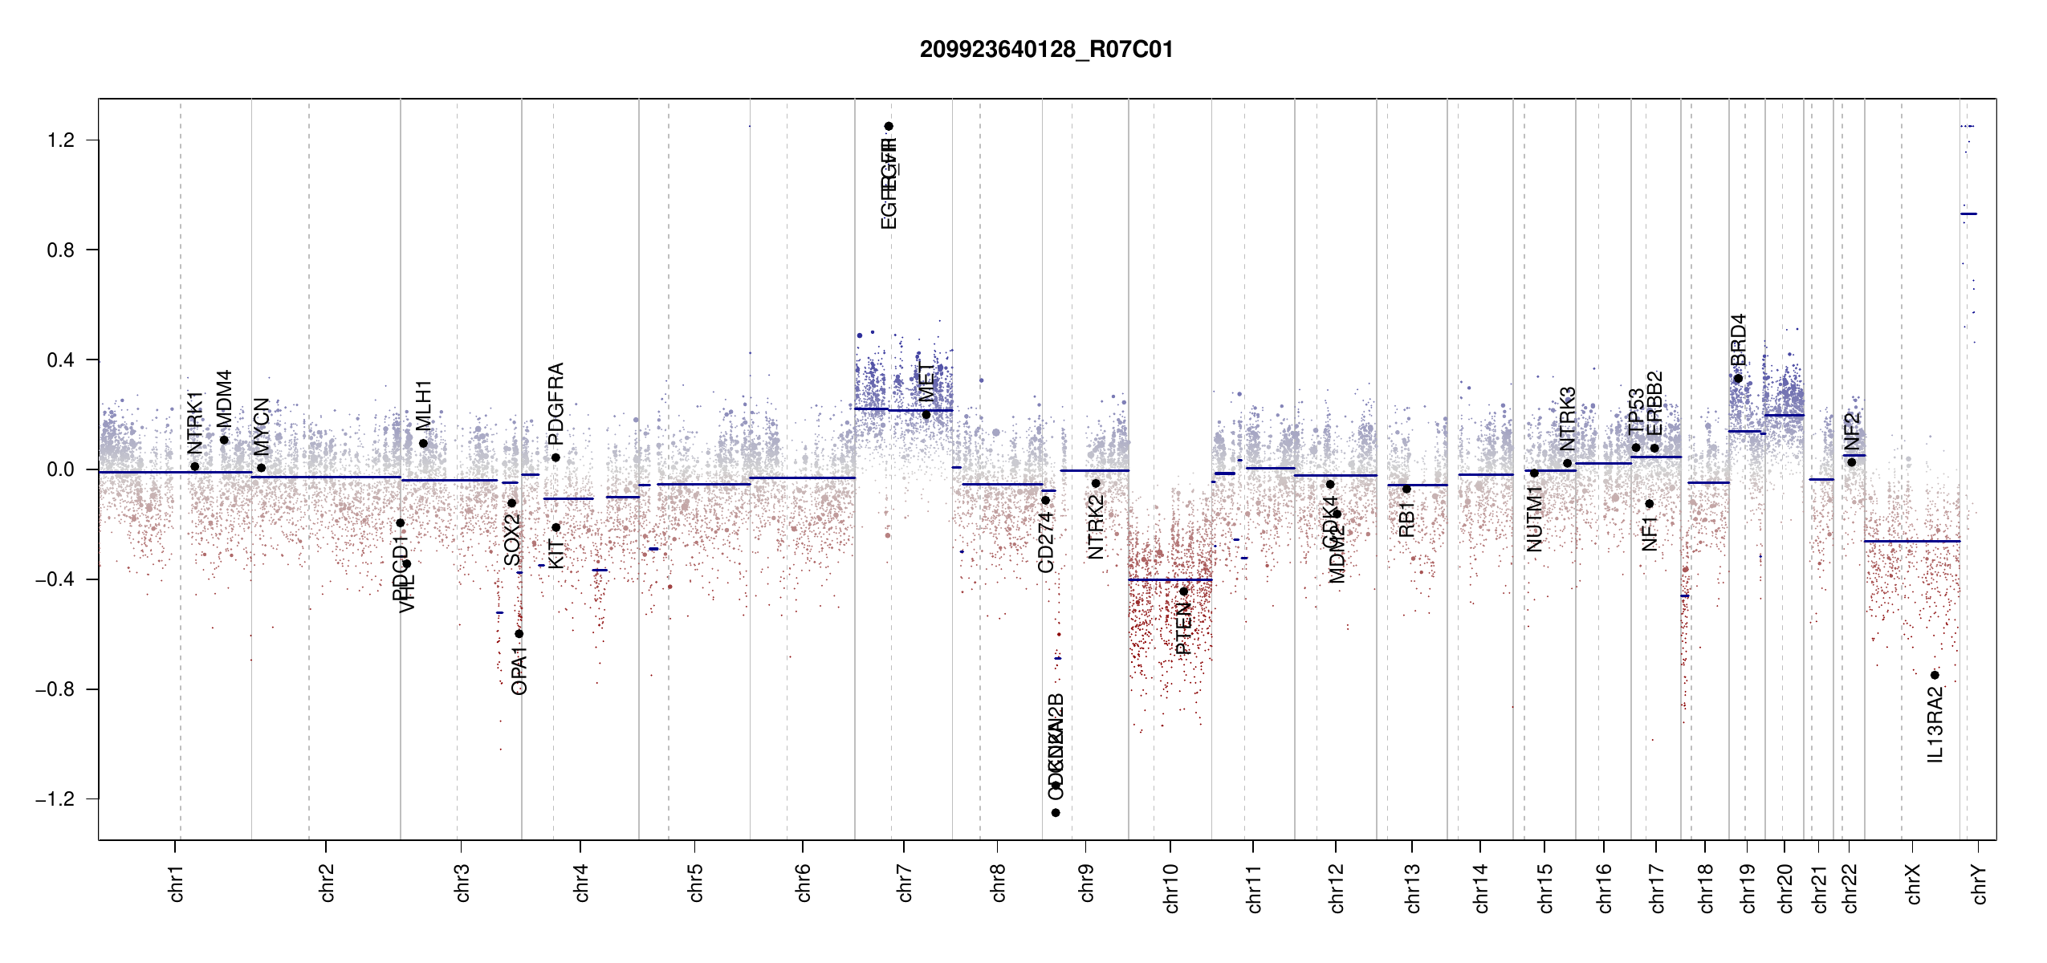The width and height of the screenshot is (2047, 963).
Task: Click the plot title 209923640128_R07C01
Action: click(1046, 50)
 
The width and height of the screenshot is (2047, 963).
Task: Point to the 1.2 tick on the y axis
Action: click(61, 140)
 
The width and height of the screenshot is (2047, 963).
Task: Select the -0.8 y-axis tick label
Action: click(55, 689)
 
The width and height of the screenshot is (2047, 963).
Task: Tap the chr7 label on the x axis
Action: click(905, 883)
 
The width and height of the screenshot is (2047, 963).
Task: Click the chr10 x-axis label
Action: click(1170, 888)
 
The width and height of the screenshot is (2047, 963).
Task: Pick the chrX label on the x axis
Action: click(1913, 884)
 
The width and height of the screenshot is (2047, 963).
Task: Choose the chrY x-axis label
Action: click(1979, 884)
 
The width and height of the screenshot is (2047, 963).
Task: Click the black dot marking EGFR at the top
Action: click(889, 126)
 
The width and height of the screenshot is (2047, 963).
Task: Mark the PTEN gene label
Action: click(1183, 629)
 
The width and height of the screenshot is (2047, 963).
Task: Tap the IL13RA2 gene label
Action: click(1935, 724)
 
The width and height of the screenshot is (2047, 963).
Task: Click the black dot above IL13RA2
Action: click(1935, 675)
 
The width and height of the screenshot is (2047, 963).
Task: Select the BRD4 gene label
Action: click(1738, 339)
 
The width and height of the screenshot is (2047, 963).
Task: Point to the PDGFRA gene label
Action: click(555, 404)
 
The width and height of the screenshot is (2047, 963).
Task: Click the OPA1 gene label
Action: click(519, 675)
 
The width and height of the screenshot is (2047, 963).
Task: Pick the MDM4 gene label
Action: click(224, 399)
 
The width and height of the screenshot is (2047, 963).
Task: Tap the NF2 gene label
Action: click(1851, 432)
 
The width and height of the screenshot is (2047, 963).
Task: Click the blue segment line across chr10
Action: click(1170, 579)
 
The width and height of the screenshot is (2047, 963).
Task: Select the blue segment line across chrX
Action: click(1911, 541)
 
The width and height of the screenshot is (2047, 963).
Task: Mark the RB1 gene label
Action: click(1406, 519)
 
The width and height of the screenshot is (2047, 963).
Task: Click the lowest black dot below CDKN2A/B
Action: click(1056, 813)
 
